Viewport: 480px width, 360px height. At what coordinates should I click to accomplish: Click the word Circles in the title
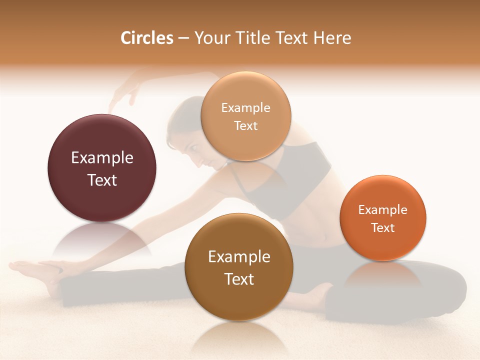coord(146,38)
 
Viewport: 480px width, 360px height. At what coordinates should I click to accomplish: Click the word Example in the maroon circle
coord(102,158)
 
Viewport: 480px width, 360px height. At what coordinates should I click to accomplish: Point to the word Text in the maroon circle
coord(102,180)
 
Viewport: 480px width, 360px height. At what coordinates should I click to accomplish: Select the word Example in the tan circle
coord(245,108)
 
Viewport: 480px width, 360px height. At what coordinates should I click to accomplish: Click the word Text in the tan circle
coord(245,125)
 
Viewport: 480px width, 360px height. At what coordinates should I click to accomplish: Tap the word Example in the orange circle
coord(382,210)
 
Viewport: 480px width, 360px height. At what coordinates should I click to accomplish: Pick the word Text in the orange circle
coord(382,227)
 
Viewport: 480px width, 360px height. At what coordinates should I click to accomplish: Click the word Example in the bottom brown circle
coord(239,257)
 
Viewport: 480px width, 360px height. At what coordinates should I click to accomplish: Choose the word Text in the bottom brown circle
coord(239,279)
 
